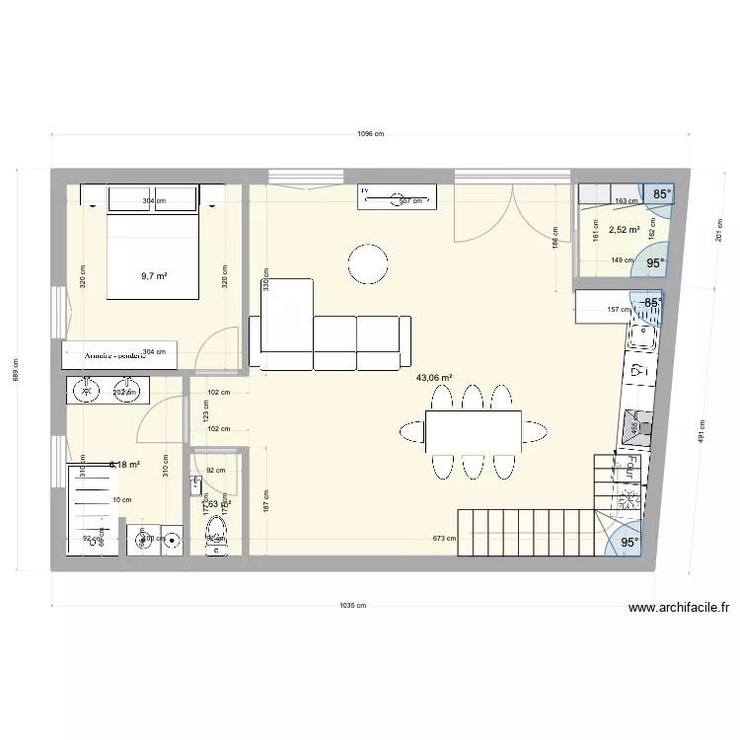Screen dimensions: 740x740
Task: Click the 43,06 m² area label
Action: [434, 378]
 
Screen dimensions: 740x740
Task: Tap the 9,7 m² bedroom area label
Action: [154, 276]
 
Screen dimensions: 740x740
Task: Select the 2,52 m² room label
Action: [625, 231]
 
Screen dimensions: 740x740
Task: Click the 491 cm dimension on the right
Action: [703, 431]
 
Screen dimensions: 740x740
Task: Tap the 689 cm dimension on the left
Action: [16, 370]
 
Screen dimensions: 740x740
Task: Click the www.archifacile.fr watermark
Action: [678, 610]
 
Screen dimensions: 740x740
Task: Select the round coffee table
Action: [368, 263]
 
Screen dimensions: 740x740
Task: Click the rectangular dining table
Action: [474, 431]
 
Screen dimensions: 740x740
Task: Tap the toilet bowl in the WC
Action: [216, 534]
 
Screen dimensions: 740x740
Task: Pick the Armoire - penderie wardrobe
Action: [119, 354]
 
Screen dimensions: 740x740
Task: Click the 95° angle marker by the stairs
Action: [629, 542]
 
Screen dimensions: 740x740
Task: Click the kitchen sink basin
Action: [643, 337]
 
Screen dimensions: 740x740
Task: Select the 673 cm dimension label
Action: [445, 539]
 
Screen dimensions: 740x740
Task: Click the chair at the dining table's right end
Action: [535, 430]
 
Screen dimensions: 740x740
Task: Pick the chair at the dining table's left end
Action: [411, 430]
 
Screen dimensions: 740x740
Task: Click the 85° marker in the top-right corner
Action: [660, 194]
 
